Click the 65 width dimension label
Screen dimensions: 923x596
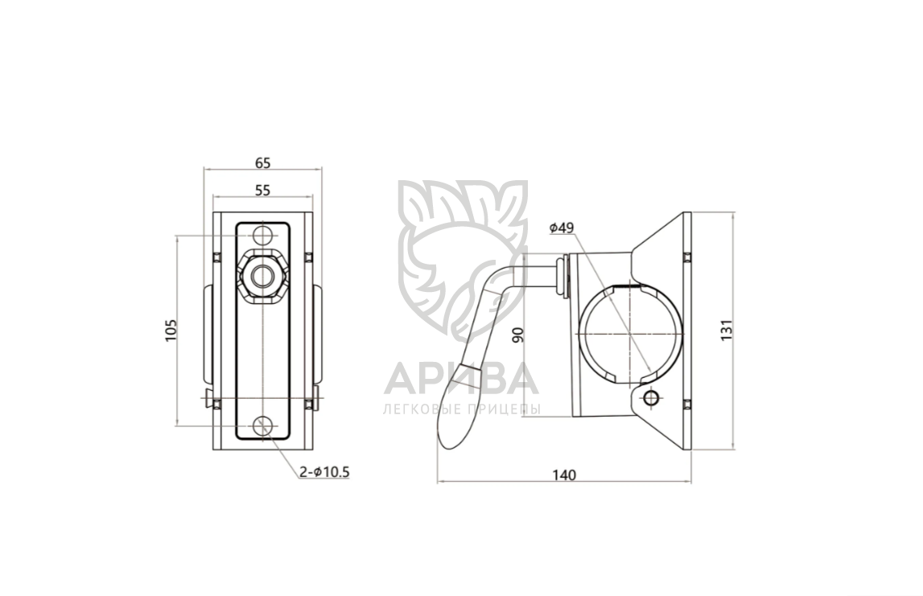[x=263, y=162]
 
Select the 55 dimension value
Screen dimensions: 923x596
[x=263, y=190]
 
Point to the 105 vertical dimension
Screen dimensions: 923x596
[x=170, y=331]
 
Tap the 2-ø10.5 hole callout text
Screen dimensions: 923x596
[x=324, y=471]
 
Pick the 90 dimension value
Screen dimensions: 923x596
[x=518, y=335]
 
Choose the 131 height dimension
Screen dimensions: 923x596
[x=727, y=330]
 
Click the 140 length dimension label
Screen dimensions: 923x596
[x=565, y=475]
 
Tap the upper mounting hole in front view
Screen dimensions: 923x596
[x=263, y=236]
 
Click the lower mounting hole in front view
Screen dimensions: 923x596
[x=263, y=425]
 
